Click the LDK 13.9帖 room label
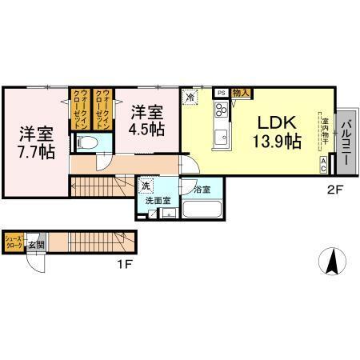278,131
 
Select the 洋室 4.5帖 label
148,121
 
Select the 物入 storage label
241,94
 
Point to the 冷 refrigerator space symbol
190,96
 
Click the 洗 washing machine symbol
146,186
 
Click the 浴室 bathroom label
202,190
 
